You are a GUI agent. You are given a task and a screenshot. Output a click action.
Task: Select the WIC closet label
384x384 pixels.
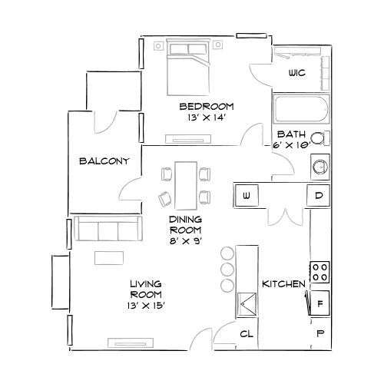coord(296,74)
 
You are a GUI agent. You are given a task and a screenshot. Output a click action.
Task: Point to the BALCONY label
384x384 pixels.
coord(103,161)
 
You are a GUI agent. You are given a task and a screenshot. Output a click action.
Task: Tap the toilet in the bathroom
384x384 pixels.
coord(325,138)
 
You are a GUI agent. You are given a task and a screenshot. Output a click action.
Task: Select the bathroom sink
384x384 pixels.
coord(319,165)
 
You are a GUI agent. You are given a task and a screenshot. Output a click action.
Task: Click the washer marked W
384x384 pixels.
coord(247,196)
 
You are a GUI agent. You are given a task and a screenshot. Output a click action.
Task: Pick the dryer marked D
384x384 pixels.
coord(319,196)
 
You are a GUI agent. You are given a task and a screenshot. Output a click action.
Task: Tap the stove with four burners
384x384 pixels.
coord(320,271)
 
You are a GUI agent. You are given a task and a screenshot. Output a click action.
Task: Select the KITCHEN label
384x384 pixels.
coord(284,284)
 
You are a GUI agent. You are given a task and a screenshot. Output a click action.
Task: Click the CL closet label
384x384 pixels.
coord(247,333)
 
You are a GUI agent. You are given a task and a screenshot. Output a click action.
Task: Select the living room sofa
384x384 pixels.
coord(107,230)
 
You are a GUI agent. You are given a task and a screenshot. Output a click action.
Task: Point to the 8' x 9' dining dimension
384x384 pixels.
coord(185,240)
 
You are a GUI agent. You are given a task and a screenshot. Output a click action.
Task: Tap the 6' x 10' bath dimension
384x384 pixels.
coord(293,144)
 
